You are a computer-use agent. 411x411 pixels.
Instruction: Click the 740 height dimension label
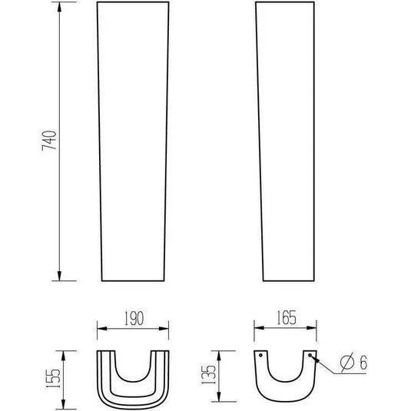coord(49,141)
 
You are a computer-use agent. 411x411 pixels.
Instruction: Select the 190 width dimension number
coord(134,318)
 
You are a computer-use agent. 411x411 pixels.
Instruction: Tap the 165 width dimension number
coord(287,317)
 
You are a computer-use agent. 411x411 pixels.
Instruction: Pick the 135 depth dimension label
coord(208,375)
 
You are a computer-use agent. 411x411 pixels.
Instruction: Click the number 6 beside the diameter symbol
coord(363,363)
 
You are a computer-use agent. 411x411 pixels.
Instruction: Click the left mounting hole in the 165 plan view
coord(260,356)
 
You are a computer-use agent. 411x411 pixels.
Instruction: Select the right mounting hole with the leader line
coord(310,355)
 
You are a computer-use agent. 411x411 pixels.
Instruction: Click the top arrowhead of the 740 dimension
coord(59,7)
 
